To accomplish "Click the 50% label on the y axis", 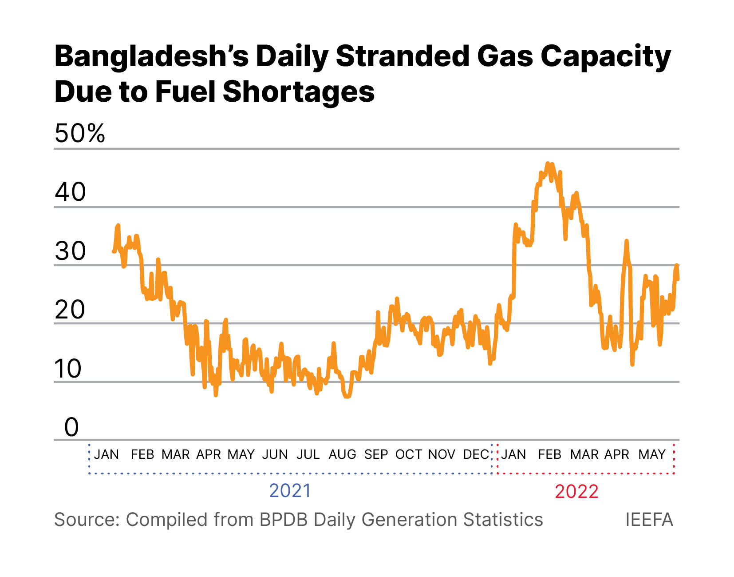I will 80,133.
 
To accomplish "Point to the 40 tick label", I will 70,192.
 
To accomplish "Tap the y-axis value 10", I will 68,368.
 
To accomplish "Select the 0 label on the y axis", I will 71,427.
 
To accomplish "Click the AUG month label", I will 342,454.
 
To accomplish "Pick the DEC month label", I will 476,454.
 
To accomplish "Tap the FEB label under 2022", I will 549,454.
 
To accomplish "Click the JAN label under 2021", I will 107,454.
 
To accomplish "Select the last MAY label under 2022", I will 652,454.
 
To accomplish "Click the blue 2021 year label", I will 290,491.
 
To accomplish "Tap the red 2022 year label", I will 576,492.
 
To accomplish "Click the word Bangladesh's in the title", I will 151,57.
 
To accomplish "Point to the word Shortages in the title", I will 299,92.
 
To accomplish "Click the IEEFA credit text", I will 649,520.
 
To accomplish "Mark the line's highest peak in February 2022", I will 548,163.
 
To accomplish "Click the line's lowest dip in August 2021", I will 347,396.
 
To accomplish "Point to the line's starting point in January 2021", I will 114,251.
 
